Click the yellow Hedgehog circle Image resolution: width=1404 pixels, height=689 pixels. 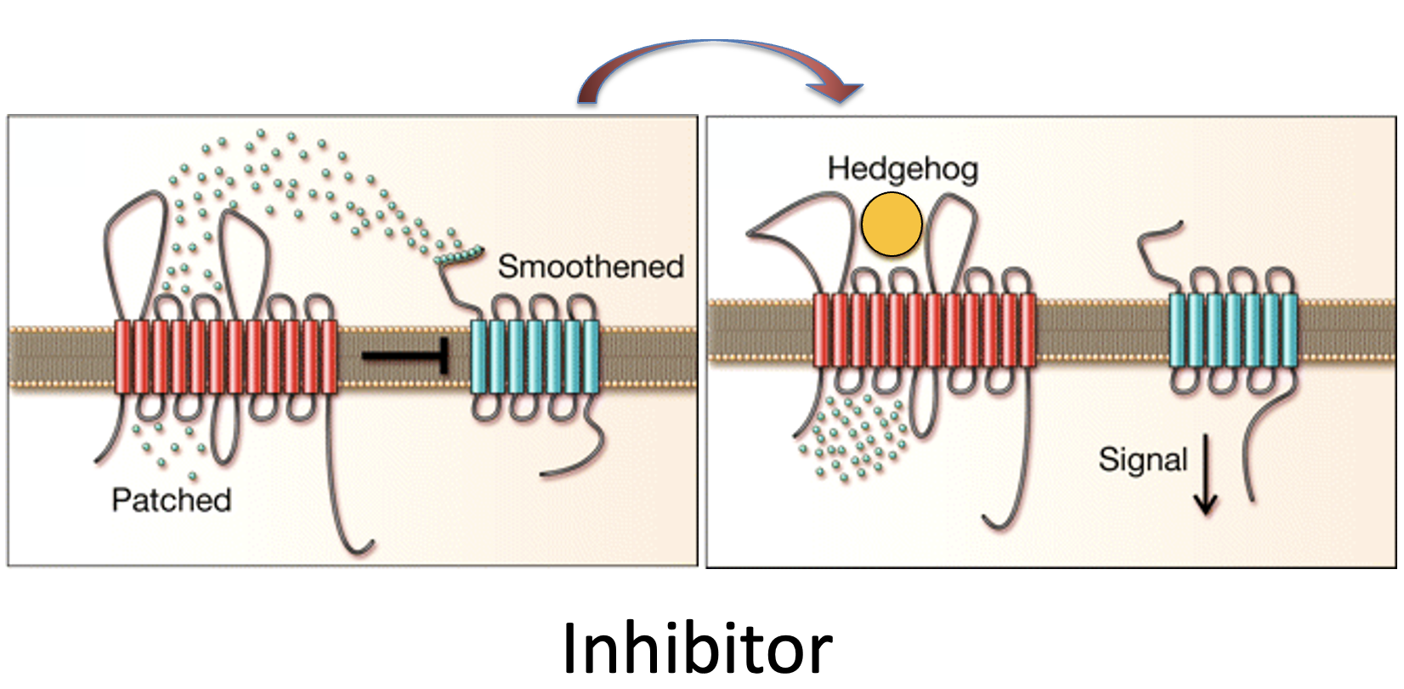[892, 225]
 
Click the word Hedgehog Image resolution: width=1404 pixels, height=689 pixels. [903, 168]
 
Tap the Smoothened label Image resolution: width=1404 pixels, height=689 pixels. [591, 266]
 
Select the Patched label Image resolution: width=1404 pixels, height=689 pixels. [171, 499]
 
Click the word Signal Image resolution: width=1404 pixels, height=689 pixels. [1142, 459]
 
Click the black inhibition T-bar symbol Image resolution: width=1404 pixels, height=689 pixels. [406, 355]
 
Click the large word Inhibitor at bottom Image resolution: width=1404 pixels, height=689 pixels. [697, 648]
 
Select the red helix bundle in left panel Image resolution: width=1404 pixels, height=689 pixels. [225, 356]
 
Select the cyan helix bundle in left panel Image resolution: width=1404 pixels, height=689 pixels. [535, 356]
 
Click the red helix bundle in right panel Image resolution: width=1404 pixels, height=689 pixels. [925, 330]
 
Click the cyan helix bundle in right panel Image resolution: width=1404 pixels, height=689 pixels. [1233, 330]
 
